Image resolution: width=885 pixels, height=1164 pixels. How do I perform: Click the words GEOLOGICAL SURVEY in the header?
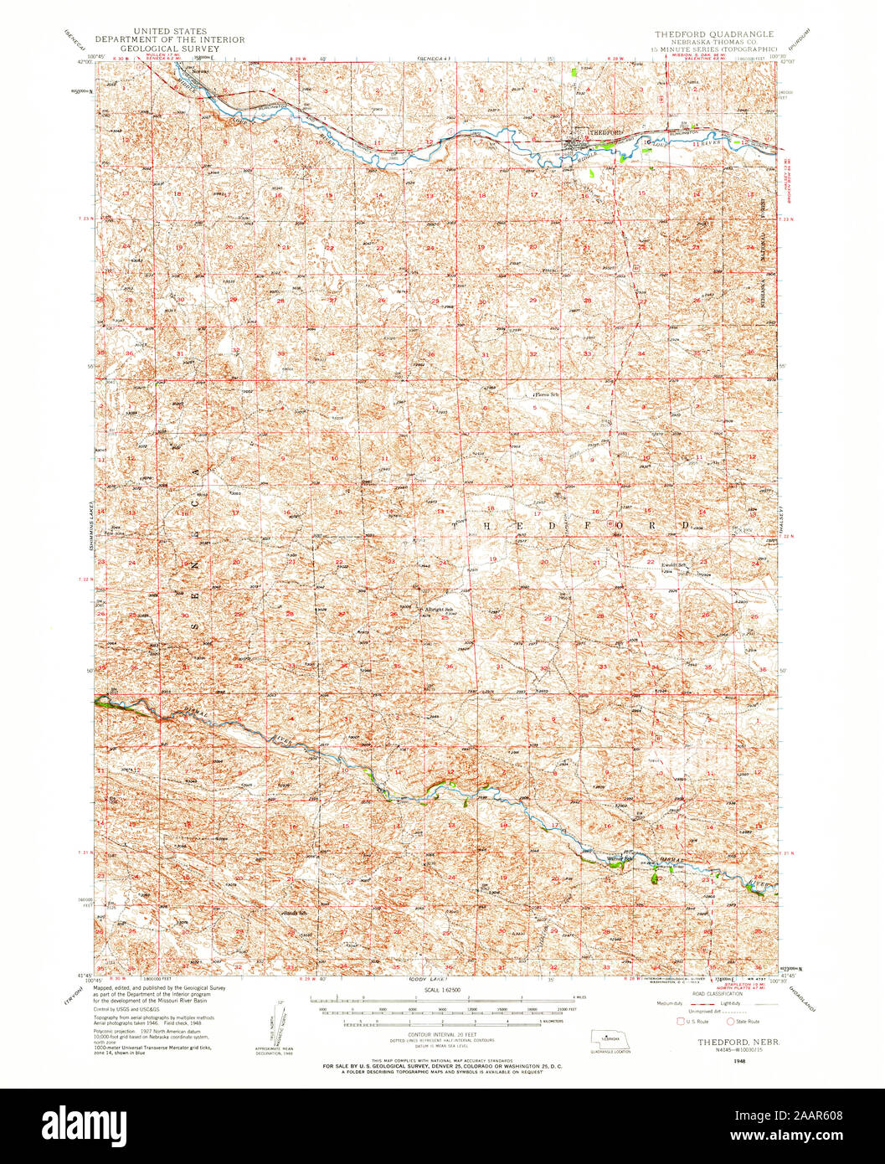pyautogui.click(x=169, y=49)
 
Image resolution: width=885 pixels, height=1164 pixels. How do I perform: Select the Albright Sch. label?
pyautogui.click(x=438, y=609)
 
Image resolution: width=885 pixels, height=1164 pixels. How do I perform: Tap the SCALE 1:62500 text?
pyautogui.click(x=442, y=989)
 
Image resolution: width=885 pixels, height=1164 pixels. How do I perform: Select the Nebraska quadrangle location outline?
pyautogui.click(x=610, y=1038)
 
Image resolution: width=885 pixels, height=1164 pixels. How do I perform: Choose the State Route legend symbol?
pyautogui.click(x=729, y=1021)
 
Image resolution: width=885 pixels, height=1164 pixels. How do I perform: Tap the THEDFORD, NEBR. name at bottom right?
pyautogui.click(x=725, y=1043)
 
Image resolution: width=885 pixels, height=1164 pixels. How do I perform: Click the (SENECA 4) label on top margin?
pyautogui.click(x=435, y=59)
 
